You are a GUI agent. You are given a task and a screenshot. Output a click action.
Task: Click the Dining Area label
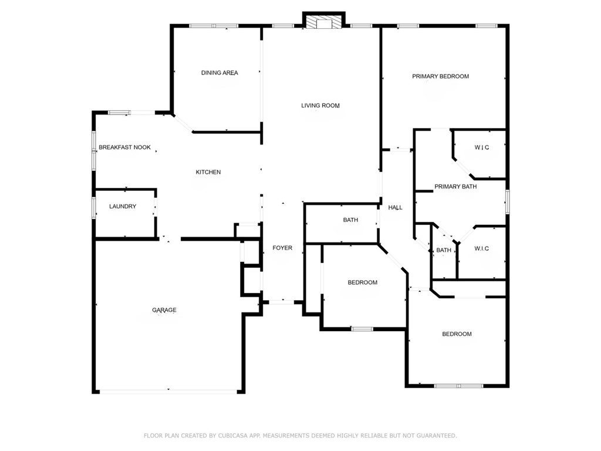click(x=220, y=73)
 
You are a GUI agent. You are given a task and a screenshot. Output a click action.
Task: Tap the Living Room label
click(x=320, y=106)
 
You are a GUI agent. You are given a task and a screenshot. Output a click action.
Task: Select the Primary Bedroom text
click(x=440, y=76)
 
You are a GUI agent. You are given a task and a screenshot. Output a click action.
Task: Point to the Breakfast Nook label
click(x=124, y=147)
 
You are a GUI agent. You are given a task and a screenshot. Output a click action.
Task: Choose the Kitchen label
click(x=208, y=172)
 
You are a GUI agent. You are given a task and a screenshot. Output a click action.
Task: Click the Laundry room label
click(x=123, y=207)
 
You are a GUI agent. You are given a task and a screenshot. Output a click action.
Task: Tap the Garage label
click(x=164, y=310)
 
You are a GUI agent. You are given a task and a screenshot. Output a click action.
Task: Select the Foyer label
click(x=282, y=248)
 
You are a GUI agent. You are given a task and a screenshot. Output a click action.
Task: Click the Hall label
click(x=396, y=208)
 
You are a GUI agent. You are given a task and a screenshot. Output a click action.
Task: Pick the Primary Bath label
click(x=455, y=187)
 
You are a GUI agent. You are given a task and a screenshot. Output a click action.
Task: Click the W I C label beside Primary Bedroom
click(x=481, y=147)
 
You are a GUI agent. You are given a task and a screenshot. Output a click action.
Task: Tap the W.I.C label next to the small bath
click(x=481, y=249)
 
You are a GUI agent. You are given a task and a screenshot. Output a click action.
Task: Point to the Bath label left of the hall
click(x=350, y=220)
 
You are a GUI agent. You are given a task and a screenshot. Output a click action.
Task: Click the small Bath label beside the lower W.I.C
click(x=444, y=250)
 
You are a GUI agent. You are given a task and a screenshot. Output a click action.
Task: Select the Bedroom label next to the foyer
click(x=363, y=282)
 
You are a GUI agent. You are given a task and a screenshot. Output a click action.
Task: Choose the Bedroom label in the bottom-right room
click(x=457, y=334)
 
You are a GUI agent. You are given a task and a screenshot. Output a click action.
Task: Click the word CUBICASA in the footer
click(x=231, y=436)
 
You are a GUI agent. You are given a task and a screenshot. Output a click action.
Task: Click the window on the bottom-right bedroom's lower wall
click(x=458, y=386)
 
